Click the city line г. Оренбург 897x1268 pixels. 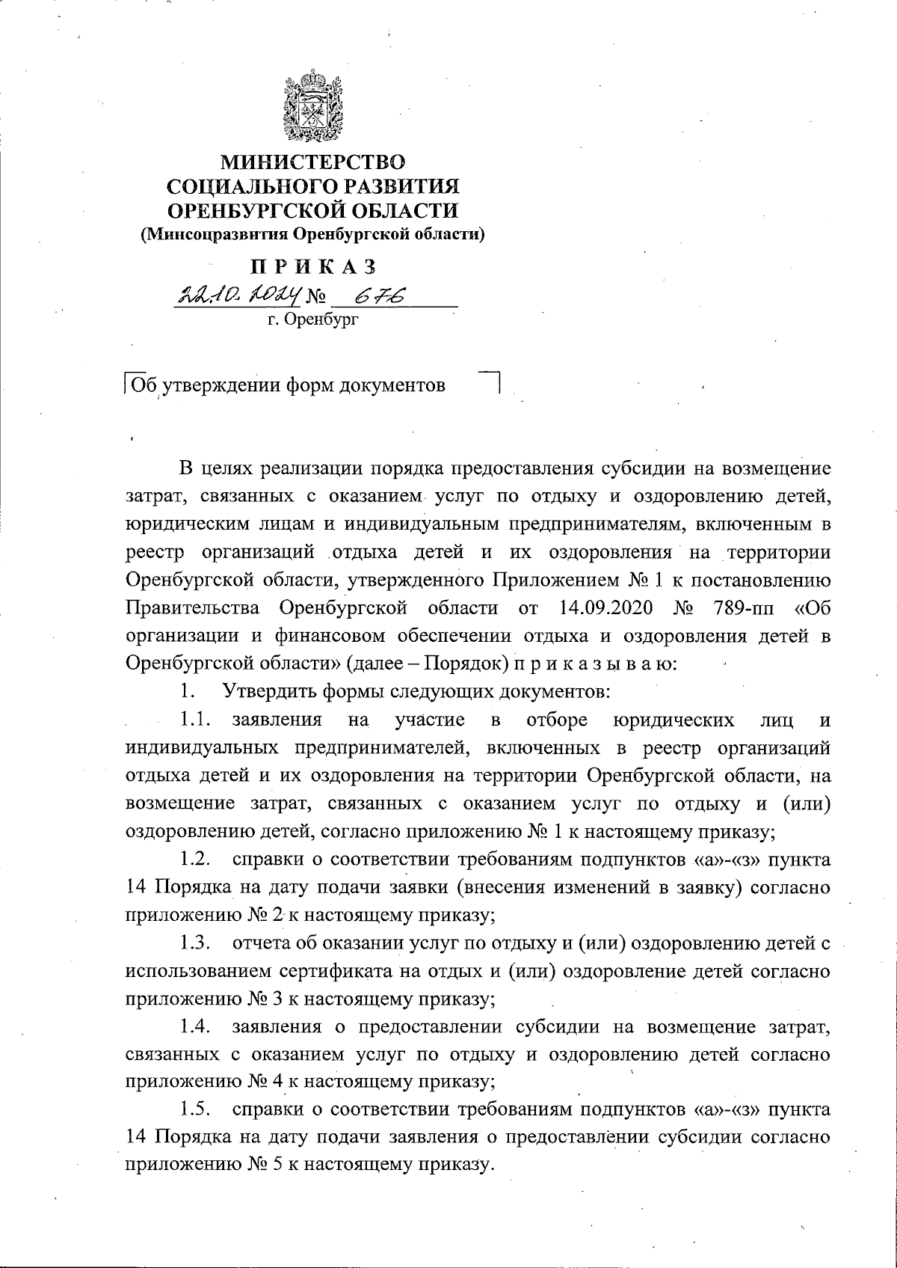point(313,322)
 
